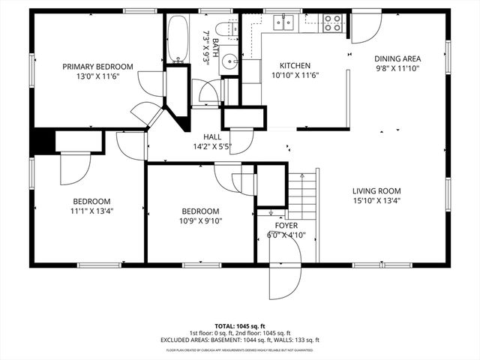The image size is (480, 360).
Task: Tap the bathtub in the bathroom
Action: [178, 39]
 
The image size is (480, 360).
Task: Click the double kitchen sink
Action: [284, 23]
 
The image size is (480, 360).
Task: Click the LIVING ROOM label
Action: [376, 191]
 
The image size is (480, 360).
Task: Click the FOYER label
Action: [286, 225]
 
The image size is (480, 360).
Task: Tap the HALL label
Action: [211, 137]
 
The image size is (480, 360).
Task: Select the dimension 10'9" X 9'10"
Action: [199, 220]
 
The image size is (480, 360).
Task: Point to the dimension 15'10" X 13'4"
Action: [376, 201]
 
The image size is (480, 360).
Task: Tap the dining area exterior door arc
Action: [367, 28]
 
